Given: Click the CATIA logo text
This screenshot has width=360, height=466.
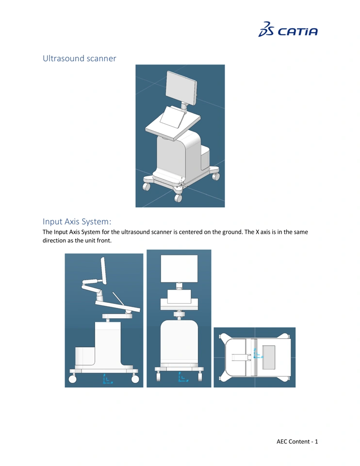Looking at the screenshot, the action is (297, 32).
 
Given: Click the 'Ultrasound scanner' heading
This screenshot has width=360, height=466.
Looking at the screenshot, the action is (79, 58).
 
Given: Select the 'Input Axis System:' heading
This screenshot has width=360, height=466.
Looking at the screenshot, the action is (77, 221).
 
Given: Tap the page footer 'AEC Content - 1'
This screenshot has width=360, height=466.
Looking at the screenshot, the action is (297, 441).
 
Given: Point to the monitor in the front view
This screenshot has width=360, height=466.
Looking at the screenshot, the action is (179, 268).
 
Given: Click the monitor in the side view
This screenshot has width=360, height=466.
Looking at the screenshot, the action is (103, 270).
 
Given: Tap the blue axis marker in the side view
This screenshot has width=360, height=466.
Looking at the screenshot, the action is (107, 379).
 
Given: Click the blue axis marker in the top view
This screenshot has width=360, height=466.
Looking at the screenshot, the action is (257, 353).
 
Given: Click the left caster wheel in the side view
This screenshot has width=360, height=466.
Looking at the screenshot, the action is (72, 379).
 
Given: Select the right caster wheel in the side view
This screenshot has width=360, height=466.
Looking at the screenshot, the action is (135, 379).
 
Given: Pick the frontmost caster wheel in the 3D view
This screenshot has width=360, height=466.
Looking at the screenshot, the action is (178, 198).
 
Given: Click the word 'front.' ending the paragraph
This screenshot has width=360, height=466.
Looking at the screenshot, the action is (104, 240).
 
